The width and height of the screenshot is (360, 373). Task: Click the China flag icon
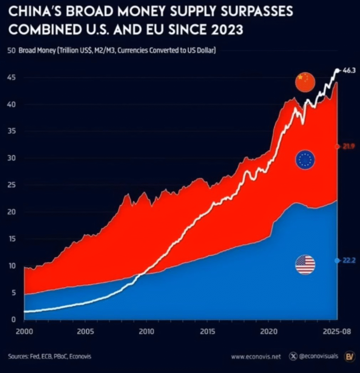[305, 82]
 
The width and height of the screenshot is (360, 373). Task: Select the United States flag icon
[305, 265]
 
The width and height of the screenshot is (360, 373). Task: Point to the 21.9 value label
[349, 146]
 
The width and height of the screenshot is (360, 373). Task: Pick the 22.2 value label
[349, 261]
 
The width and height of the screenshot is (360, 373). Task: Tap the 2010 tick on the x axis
[146, 332]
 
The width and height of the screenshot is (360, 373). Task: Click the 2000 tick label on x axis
[24, 332]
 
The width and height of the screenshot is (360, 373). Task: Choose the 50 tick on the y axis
[11, 51]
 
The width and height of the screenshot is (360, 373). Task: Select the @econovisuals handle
[318, 356]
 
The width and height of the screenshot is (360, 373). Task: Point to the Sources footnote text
[50, 356]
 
